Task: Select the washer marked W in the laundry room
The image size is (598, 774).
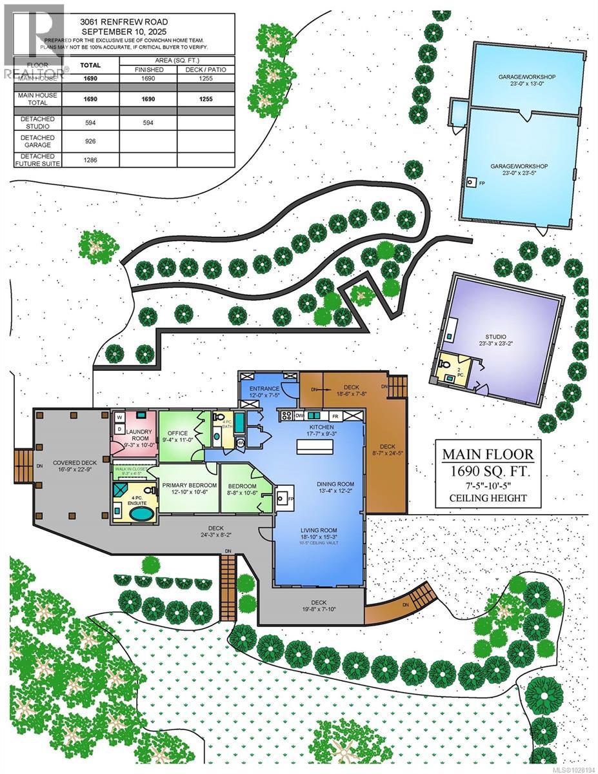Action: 119,417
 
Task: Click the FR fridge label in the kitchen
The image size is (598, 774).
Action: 335,416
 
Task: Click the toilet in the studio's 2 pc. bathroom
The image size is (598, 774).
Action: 447,365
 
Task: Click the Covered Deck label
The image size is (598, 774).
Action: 75,462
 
